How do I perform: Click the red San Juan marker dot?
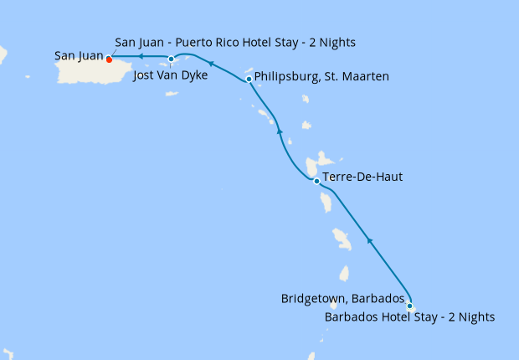[x=110, y=58]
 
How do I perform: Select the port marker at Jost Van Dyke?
[x=171, y=59]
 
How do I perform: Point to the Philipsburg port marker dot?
[x=249, y=80]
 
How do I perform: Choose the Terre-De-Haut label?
[x=362, y=177]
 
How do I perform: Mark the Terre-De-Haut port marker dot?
[x=316, y=181]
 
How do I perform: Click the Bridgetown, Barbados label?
[x=343, y=299]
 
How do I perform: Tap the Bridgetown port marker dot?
[x=409, y=306]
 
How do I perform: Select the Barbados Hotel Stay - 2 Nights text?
[x=409, y=317]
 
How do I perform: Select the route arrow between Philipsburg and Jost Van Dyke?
[x=211, y=63]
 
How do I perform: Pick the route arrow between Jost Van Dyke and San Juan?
[x=141, y=57]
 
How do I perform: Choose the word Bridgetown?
[x=312, y=299]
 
